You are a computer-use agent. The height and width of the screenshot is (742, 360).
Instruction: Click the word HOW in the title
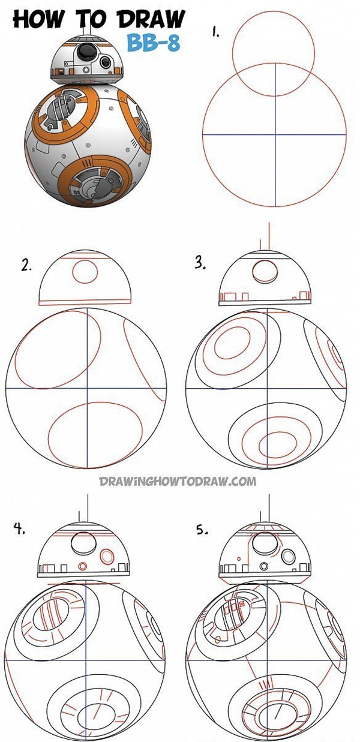[37, 19]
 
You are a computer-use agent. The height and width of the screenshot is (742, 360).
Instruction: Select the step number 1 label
[215, 33]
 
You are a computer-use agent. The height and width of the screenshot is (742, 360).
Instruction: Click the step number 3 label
[200, 264]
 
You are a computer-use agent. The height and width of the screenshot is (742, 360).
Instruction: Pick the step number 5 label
[202, 530]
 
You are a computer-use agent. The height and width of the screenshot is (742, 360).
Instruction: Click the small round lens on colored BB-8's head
[106, 62]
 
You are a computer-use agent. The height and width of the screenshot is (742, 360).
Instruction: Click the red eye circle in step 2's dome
[85, 272]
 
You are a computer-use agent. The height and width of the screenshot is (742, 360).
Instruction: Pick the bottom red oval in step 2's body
[96, 435]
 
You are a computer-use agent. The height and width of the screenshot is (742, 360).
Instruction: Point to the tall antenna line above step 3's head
[269, 236]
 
